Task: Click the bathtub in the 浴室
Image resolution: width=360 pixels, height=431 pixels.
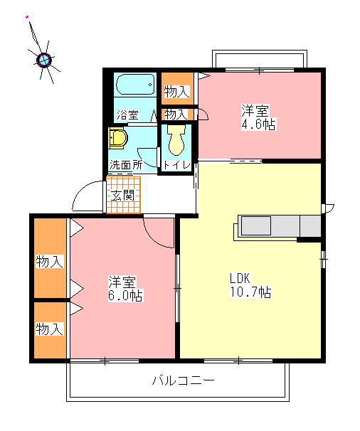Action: [x=135, y=84]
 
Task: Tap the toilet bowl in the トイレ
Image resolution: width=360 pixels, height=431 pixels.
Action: [x=176, y=140]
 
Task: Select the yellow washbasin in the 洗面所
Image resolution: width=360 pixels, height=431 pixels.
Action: [x=118, y=138]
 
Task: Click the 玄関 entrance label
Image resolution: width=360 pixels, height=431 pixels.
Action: [x=122, y=196]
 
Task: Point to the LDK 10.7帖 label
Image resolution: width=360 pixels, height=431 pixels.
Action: [x=250, y=285]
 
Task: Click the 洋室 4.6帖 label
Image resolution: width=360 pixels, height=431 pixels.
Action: [x=258, y=117]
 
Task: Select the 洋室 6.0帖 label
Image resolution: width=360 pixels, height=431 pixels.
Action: [x=125, y=289]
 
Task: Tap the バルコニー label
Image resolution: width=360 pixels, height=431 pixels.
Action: [x=183, y=381]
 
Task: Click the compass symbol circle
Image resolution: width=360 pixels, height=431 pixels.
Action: [x=44, y=59]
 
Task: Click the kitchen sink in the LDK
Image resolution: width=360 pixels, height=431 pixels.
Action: [x=255, y=225]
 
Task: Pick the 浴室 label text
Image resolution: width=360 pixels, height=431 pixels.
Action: [x=127, y=115]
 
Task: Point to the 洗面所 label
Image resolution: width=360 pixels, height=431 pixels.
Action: [x=126, y=165]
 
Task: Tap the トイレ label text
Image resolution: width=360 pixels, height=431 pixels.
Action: [x=176, y=165]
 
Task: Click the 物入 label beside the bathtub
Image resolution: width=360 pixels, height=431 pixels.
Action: [x=177, y=92]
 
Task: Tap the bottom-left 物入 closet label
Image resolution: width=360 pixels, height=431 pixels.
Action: [x=50, y=329]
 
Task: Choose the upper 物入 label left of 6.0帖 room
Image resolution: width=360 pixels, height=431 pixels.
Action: [x=50, y=261]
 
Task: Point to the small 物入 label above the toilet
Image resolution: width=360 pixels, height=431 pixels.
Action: [x=176, y=114]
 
